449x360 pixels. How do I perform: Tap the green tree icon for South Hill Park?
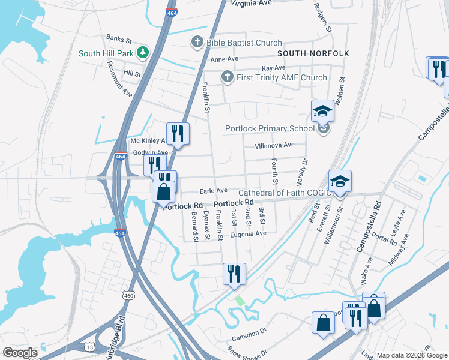pos(143,53)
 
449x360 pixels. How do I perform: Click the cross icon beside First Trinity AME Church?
pos(227,77)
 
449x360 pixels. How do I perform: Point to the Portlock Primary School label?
pos(270,128)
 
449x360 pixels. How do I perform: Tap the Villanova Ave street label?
pos(274,145)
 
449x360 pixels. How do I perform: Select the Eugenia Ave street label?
pos(248,233)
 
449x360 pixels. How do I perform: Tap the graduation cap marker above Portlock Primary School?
pos(322,110)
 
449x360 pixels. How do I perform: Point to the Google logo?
pos(20,353)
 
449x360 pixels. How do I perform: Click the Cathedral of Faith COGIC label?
pos(285,193)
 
